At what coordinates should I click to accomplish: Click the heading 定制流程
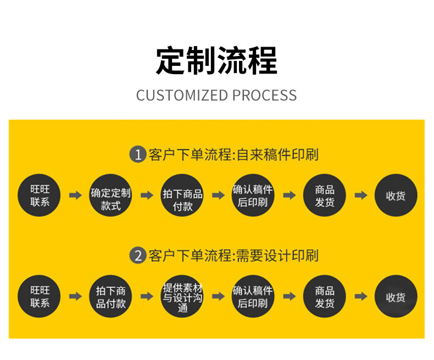(x=216, y=60)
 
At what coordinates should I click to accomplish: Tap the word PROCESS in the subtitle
(x=264, y=95)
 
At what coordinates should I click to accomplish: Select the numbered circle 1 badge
(x=137, y=154)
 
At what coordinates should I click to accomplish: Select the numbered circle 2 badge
(x=137, y=255)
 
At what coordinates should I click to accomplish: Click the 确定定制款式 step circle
(x=110, y=195)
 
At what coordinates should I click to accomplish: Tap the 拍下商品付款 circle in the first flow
(x=182, y=195)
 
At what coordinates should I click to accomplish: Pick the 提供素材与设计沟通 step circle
(x=182, y=296)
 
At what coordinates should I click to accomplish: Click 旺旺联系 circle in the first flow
(x=40, y=195)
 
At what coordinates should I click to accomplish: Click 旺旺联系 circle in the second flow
(x=40, y=296)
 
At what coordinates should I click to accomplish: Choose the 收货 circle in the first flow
(x=396, y=195)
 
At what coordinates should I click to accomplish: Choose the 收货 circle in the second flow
(x=396, y=296)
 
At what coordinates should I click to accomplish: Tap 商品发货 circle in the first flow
(x=324, y=195)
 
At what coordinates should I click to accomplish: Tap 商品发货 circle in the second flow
(x=324, y=296)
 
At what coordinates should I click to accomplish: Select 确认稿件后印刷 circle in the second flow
(x=253, y=296)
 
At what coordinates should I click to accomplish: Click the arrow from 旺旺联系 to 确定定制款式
(x=75, y=195)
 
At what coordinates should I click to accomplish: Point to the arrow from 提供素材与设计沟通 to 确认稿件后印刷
(x=218, y=296)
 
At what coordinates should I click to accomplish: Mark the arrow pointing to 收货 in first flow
(x=360, y=195)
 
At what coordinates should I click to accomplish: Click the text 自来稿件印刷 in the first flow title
(x=277, y=154)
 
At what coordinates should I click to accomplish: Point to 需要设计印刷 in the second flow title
(x=277, y=255)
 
